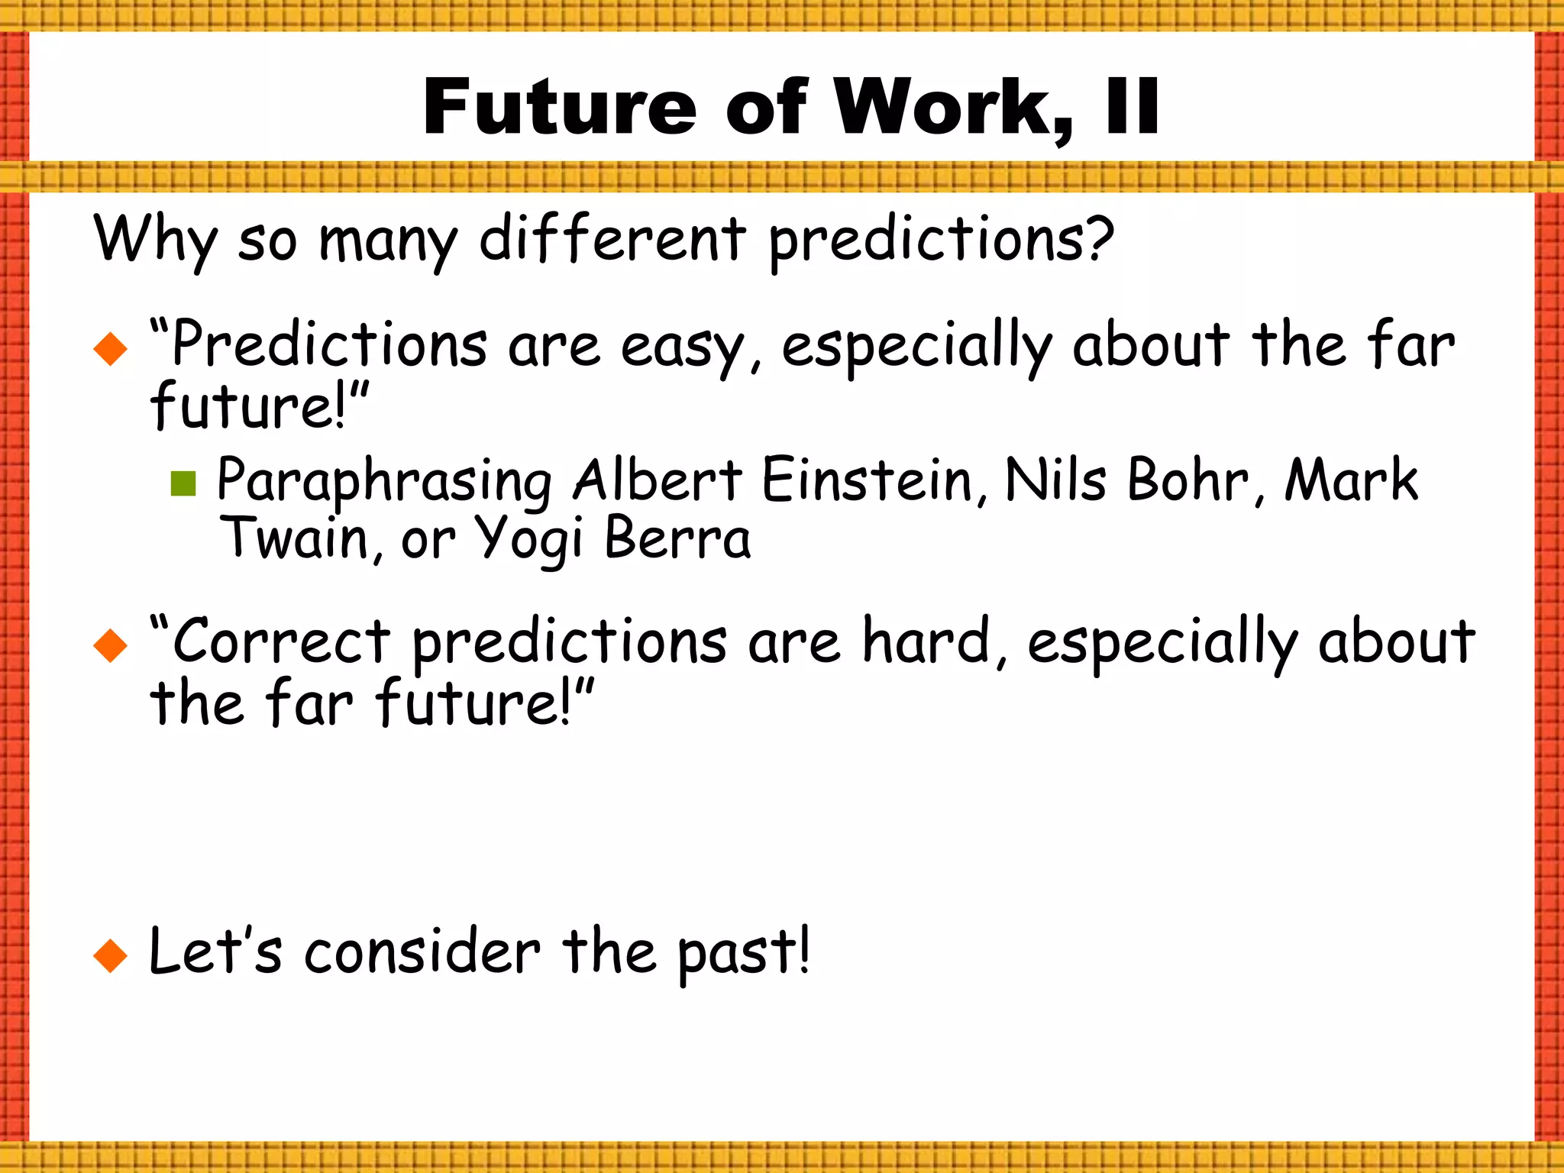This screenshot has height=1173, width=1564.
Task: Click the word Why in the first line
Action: [x=156, y=240]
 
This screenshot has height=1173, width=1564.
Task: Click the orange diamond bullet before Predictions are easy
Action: [x=111, y=348]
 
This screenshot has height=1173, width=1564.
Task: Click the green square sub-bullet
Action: [x=183, y=483]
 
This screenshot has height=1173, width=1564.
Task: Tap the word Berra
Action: [x=677, y=539]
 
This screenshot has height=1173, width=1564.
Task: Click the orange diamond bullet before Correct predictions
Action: [x=111, y=645]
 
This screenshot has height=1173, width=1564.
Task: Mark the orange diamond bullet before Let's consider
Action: [x=111, y=955]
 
